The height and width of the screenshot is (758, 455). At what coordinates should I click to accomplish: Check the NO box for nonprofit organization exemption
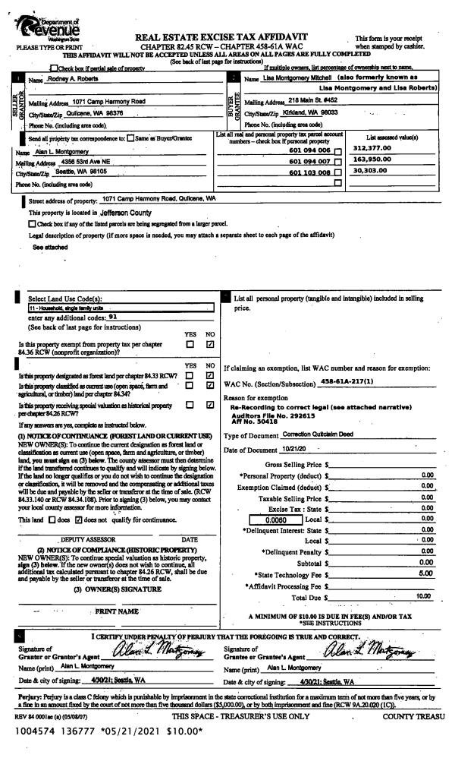coord(210,345)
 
